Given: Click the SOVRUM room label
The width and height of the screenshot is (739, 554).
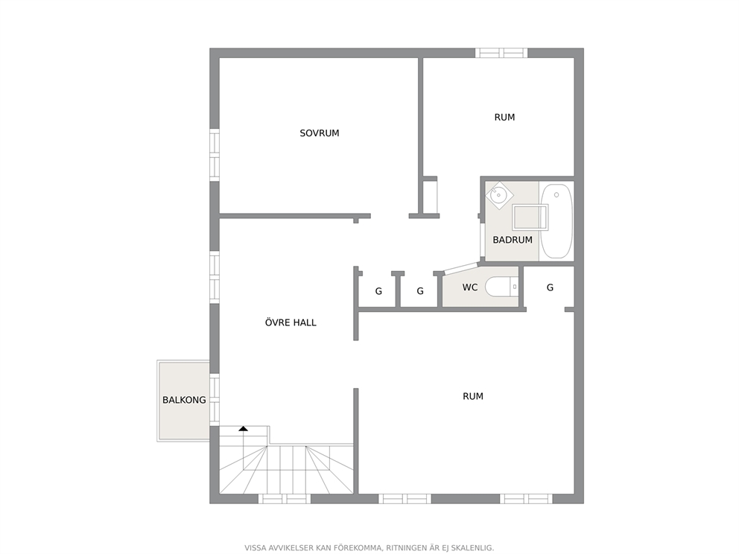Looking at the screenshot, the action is pyautogui.click(x=320, y=133).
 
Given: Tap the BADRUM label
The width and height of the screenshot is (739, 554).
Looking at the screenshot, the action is pyautogui.click(x=513, y=240).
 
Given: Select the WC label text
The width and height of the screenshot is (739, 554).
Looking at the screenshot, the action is pyautogui.click(x=470, y=287).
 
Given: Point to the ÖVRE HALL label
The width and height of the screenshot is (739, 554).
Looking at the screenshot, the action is pyautogui.click(x=291, y=322).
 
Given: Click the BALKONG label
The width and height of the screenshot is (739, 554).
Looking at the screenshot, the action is pyautogui.click(x=184, y=400).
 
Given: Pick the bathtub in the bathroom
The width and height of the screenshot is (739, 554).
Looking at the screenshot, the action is pyautogui.click(x=556, y=221).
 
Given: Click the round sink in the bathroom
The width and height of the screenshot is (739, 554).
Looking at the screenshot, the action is pyautogui.click(x=498, y=194).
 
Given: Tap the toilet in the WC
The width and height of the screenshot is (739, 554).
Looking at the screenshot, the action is pyautogui.click(x=501, y=287).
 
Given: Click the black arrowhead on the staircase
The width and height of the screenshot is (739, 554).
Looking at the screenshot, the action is pyautogui.click(x=243, y=429).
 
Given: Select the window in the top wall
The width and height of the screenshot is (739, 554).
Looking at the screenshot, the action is pyautogui.click(x=501, y=53).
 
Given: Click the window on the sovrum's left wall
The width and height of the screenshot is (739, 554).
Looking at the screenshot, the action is pyautogui.click(x=215, y=155).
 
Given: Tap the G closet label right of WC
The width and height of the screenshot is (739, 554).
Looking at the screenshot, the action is pyautogui.click(x=550, y=287).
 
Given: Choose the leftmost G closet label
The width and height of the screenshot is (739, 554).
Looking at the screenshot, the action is pyautogui.click(x=378, y=292).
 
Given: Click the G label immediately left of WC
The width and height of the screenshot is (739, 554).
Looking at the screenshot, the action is pyautogui.click(x=420, y=292).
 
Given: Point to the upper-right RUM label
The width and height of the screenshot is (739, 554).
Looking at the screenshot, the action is pyautogui.click(x=504, y=118).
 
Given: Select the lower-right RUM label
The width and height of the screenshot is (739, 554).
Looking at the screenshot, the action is pyautogui.click(x=473, y=397).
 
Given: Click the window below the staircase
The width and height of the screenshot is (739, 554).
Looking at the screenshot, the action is pyautogui.click(x=285, y=499).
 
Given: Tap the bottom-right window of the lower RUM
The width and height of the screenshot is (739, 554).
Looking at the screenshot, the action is pyautogui.click(x=527, y=499).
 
